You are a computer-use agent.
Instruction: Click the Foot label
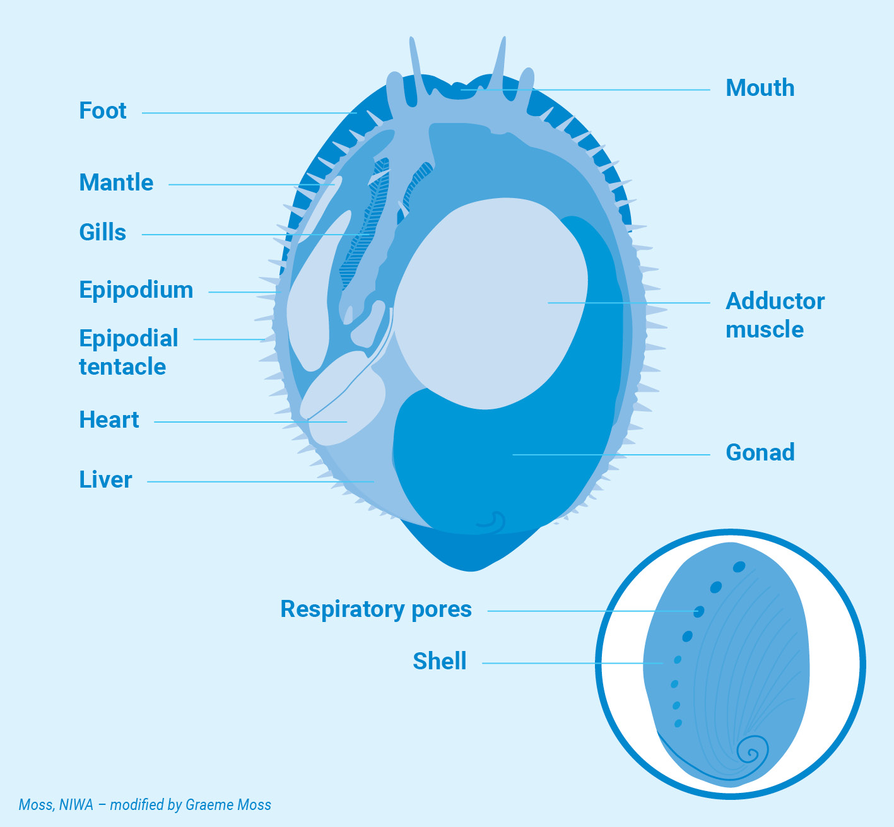103,111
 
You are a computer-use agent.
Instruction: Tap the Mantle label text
116,183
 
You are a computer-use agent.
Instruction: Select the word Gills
102,233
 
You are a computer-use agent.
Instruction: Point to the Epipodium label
136,290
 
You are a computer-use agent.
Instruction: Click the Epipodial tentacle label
128,352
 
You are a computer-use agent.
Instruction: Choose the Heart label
109,420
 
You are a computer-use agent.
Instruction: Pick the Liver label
105,480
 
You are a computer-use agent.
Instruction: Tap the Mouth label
760,88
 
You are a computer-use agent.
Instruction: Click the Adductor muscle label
775,315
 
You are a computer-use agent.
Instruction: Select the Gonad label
760,453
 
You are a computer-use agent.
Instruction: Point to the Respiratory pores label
376,609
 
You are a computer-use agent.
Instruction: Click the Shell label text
440,662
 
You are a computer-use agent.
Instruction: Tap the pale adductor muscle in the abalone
486,303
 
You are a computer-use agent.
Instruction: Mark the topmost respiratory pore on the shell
739,567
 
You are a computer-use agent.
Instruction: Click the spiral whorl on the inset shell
752,752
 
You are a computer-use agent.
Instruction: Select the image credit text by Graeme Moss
145,805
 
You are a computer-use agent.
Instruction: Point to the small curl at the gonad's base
493,520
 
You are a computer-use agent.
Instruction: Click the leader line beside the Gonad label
662,454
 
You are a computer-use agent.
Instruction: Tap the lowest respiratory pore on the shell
678,724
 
